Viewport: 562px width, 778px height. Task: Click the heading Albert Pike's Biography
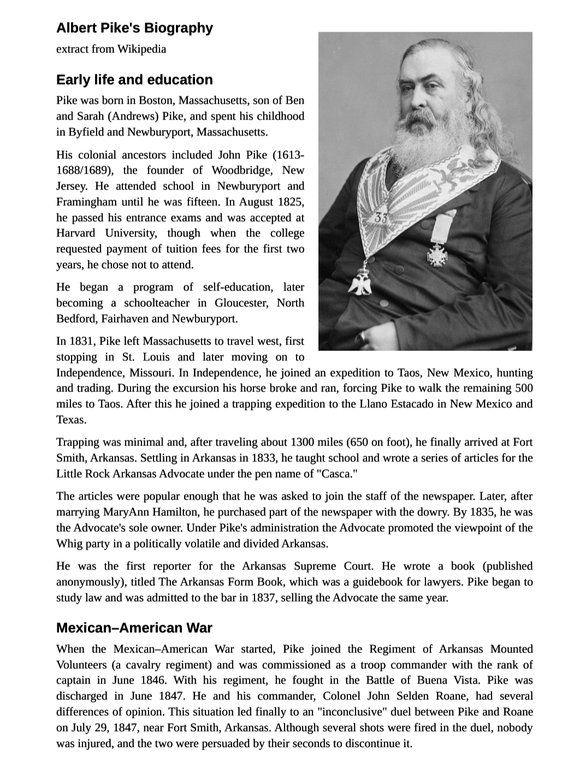pyautogui.click(x=134, y=28)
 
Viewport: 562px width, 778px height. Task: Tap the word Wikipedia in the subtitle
pyautogui.click(x=142, y=49)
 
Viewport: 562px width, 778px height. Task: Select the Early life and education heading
pyautogui.click(x=134, y=80)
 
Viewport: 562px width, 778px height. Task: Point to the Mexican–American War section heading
pyautogui.click(x=134, y=628)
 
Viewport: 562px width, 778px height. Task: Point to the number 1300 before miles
pyautogui.click(x=304, y=442)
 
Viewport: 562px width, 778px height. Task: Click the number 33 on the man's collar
pyautogui.click(x=382, y=217)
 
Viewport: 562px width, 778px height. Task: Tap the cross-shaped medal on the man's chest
pyautogui.click(x=437, y=254)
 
